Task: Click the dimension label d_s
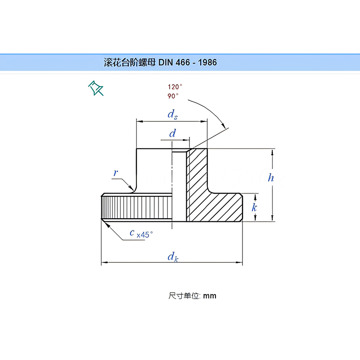[x=172, y=115]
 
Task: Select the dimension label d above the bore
[x=172, y=134]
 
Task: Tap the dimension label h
[x=271, y=178]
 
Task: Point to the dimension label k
[x=254, y=207]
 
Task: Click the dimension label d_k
[x=172, y=257]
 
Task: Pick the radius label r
[x=116, y=172]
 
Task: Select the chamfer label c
[x=132, y=232]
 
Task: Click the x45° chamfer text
[x=144, y=234]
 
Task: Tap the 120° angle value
[x=175, y=86]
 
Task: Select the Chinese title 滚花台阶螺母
[x=130, y=63]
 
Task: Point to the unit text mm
[x=210, y=296]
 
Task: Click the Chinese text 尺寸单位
[x=184, y=296]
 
